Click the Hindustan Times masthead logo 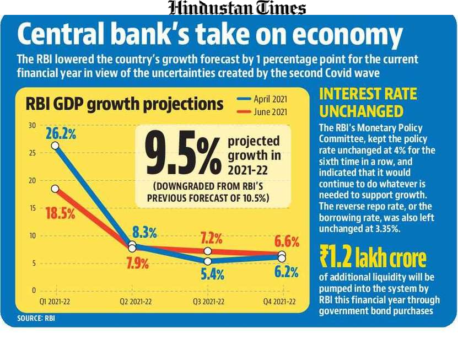236,8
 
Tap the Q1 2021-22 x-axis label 55,302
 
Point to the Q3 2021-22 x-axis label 208,302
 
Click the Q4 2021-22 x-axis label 280,302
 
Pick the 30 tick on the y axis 33,126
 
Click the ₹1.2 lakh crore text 373,257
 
